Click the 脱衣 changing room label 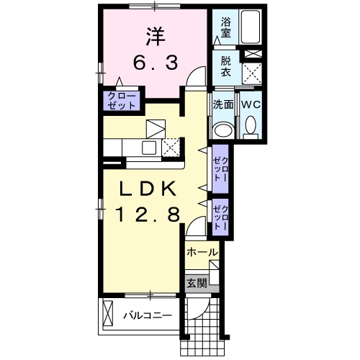225,68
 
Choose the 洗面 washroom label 223,104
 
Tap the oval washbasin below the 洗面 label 224,129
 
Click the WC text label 251,104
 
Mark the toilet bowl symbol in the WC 251,127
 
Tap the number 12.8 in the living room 148,215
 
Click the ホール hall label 202,252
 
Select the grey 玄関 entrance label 197,282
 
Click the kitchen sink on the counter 148,148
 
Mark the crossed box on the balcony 109,314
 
